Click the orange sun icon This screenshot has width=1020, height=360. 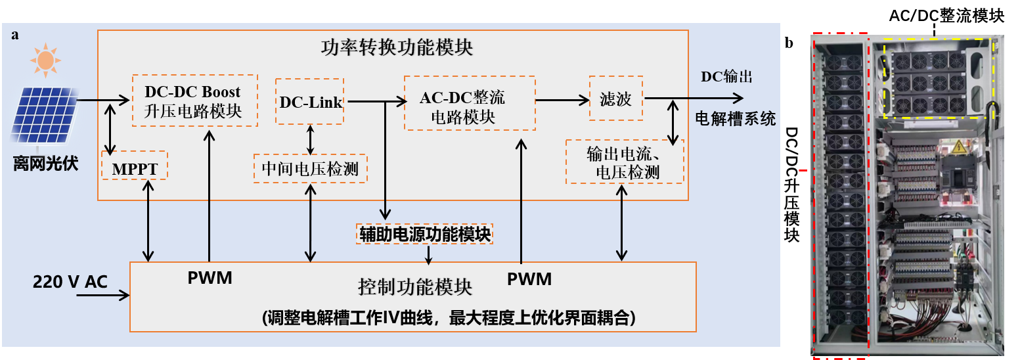45,60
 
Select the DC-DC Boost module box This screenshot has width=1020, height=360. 195,101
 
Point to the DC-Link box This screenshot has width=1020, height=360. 310,101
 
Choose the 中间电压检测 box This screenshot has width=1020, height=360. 310,168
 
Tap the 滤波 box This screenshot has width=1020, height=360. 615,99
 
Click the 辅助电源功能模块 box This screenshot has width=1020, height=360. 424,233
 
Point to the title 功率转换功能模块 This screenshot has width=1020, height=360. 397,47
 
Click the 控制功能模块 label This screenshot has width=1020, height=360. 415,287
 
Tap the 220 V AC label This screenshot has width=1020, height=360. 70,282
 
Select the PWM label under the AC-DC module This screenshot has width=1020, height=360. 529,279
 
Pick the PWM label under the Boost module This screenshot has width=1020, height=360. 210,278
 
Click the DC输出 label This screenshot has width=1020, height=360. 726,77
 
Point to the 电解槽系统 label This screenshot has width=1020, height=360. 736,118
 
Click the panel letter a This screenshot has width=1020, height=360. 14,34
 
